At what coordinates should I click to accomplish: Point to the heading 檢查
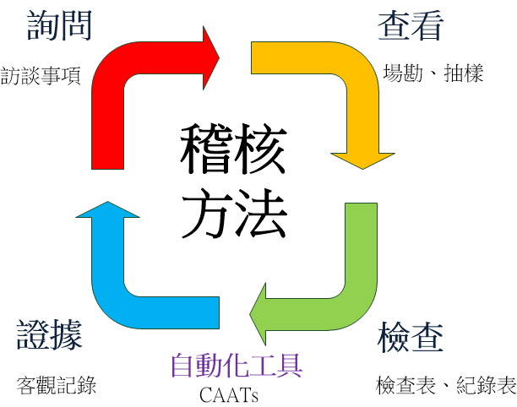[x=410, y=338]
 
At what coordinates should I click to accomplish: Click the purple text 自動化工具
[x=236, y=365]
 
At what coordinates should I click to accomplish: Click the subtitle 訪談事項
[x=41, y=77]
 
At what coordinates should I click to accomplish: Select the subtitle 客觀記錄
[x=57, y=386]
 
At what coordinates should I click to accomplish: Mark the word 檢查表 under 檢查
[x=406, y=386]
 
